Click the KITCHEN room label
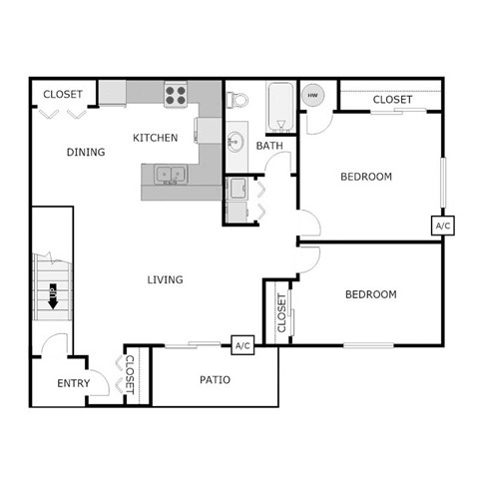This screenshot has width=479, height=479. coord(156,137)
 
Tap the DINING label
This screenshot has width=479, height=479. coord(86,152)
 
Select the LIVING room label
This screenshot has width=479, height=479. coord(165,279)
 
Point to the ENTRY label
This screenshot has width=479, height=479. coord(73,383)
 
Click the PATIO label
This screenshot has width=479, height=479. coord(216,379)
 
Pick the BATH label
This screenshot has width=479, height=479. coord(269,146)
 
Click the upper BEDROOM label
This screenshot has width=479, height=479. coord(366,177)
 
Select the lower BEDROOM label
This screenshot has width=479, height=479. coord(370,294)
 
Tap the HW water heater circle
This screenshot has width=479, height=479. coord(312,96)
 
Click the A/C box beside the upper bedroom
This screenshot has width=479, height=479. coord(443,227)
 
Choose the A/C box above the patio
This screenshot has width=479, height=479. coord(240,345)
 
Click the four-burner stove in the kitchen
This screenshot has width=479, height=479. coord(177,95)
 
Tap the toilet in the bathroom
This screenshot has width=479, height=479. coord(237,100)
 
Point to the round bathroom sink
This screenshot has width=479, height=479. coord(236,141)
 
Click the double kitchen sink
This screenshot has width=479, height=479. coord(170,175)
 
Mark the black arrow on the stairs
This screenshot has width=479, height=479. coord(52,296)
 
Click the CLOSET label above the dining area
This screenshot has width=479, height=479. coord(62,94)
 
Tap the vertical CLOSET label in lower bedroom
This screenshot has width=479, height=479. coord(281,313)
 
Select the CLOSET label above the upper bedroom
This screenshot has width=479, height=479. coord(392,100)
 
